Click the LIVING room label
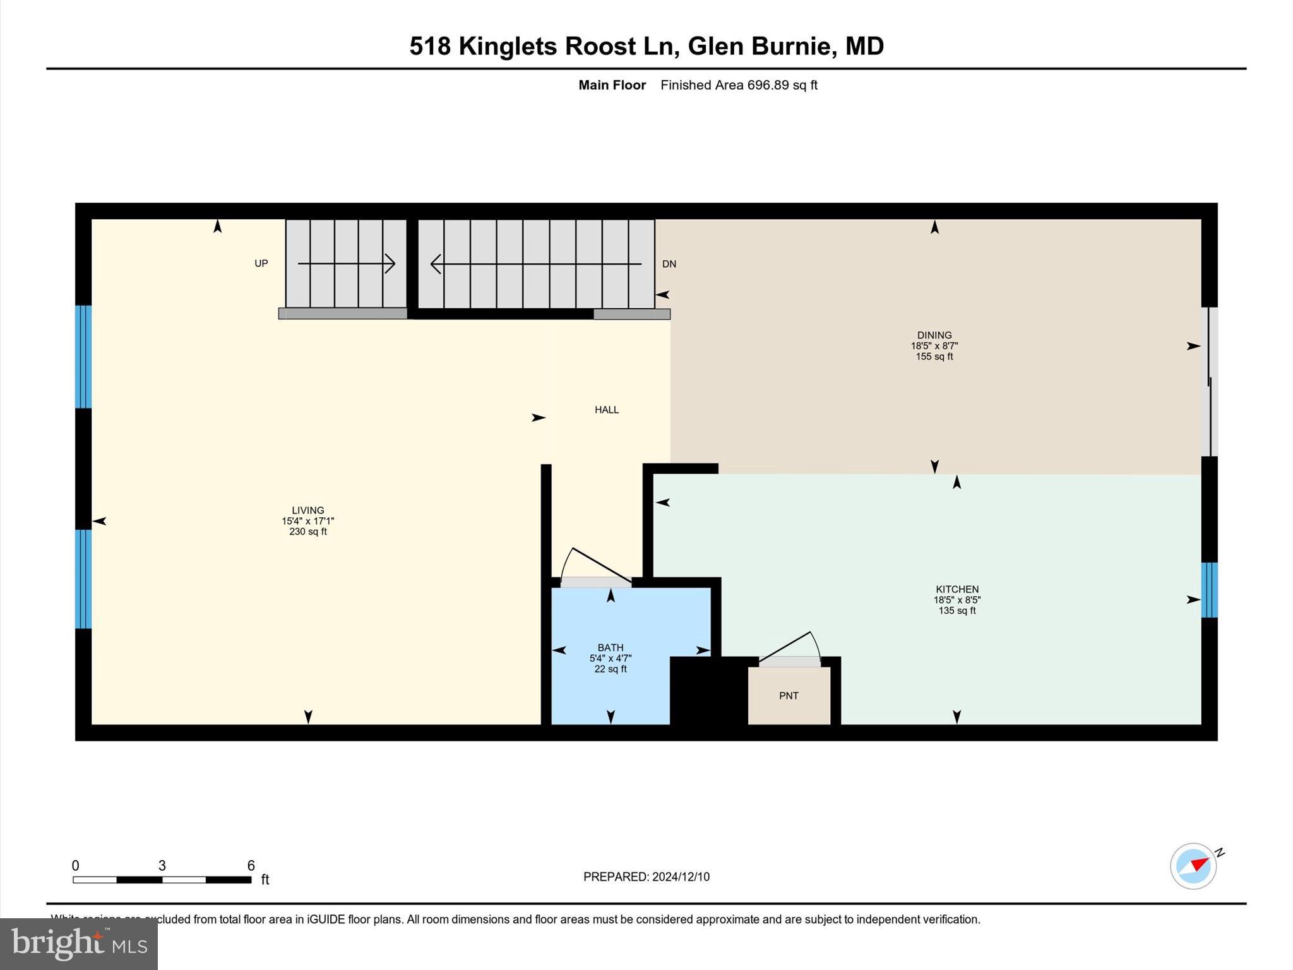click(307, 510)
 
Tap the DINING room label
click(934, 335)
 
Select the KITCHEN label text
click(957, 589)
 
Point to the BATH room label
click(611, 647)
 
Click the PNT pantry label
click(789, 695)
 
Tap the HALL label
click(607, 410)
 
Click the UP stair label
click(261, 263)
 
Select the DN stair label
click(669, 264)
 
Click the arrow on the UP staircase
click(346, 263)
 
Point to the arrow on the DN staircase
click(535, 264)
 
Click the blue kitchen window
click(1209, 590)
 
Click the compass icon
click(1193, 866)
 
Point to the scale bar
click(162, 879)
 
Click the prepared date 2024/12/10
click(681, 877)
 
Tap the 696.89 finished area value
click(768, 85)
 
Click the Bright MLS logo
click(79, 943)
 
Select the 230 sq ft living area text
click(307, 532)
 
